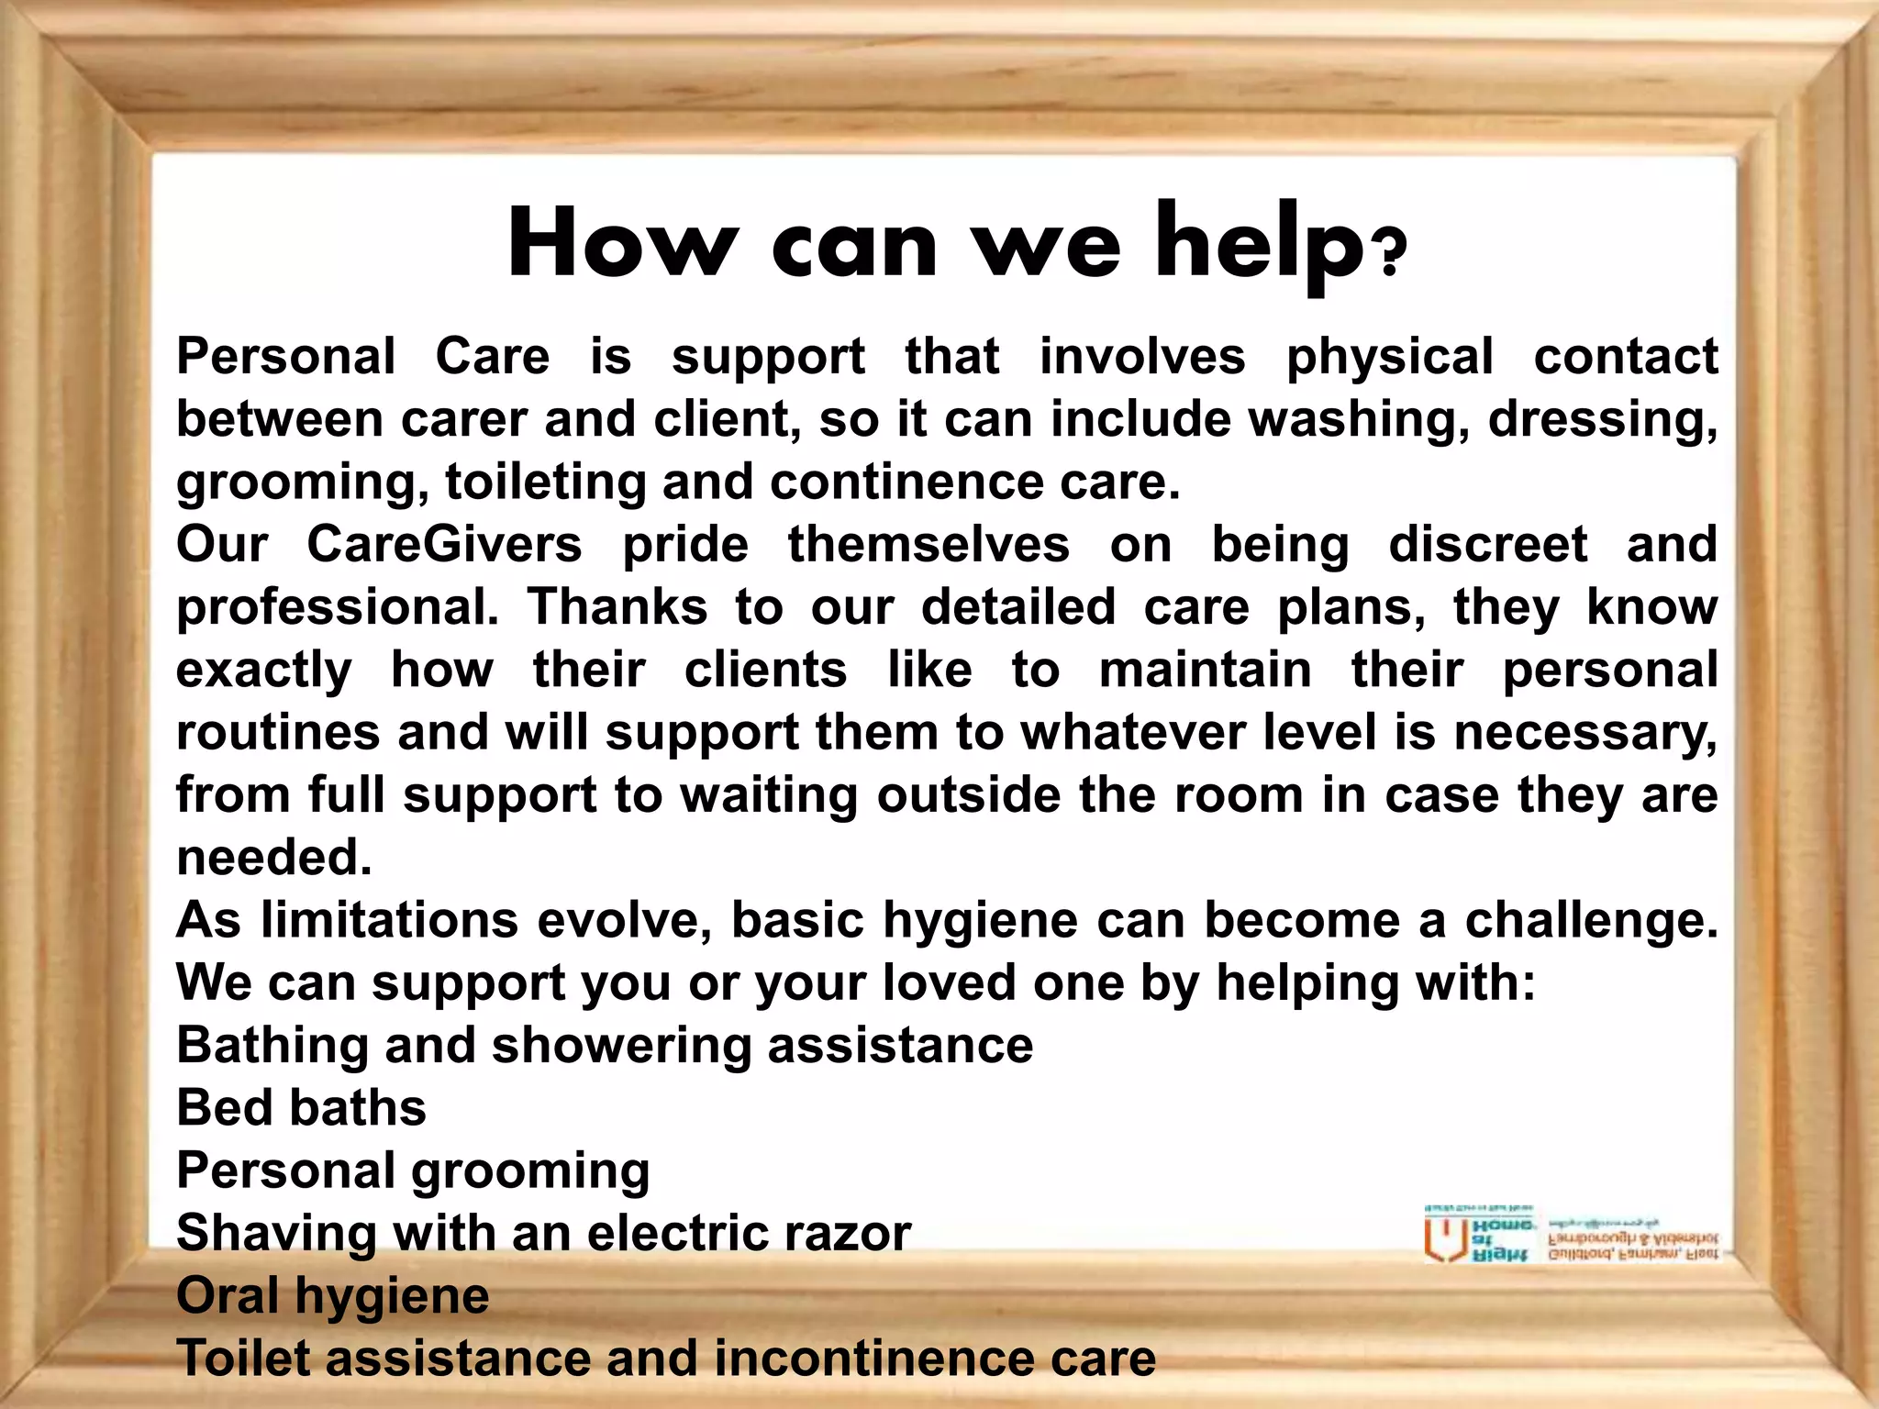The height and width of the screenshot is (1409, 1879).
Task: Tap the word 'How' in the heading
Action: [x=623, y=244]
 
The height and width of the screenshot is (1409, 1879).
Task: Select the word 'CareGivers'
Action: [x=444, y=544]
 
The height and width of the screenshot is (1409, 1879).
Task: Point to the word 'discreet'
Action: [x=1487, y=544]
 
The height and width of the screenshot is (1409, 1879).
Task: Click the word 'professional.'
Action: [x=338, y=608]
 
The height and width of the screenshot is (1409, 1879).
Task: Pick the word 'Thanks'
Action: [x=617, y=606]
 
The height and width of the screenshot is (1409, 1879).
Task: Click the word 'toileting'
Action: [x=545, y=482]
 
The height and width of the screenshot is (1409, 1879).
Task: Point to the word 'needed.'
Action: [x=273, y=858]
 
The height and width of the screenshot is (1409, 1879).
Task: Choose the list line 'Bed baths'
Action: [x=301, y=1107]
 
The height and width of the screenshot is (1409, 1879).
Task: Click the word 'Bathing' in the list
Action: [x=272, y=1046]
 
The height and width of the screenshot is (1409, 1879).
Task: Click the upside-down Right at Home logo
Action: [x=1571, y=1235]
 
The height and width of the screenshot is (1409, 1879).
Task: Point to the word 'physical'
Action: [x=1389, y=358]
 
